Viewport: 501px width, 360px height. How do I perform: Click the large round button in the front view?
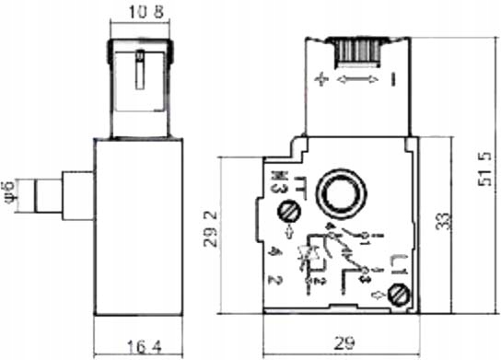[336, 193]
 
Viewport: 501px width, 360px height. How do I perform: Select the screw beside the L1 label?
[398, 296]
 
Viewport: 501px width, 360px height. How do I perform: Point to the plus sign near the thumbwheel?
[321, 81]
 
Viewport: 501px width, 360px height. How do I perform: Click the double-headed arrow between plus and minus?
[357, 81]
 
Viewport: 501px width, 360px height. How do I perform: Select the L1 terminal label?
[398, 267]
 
